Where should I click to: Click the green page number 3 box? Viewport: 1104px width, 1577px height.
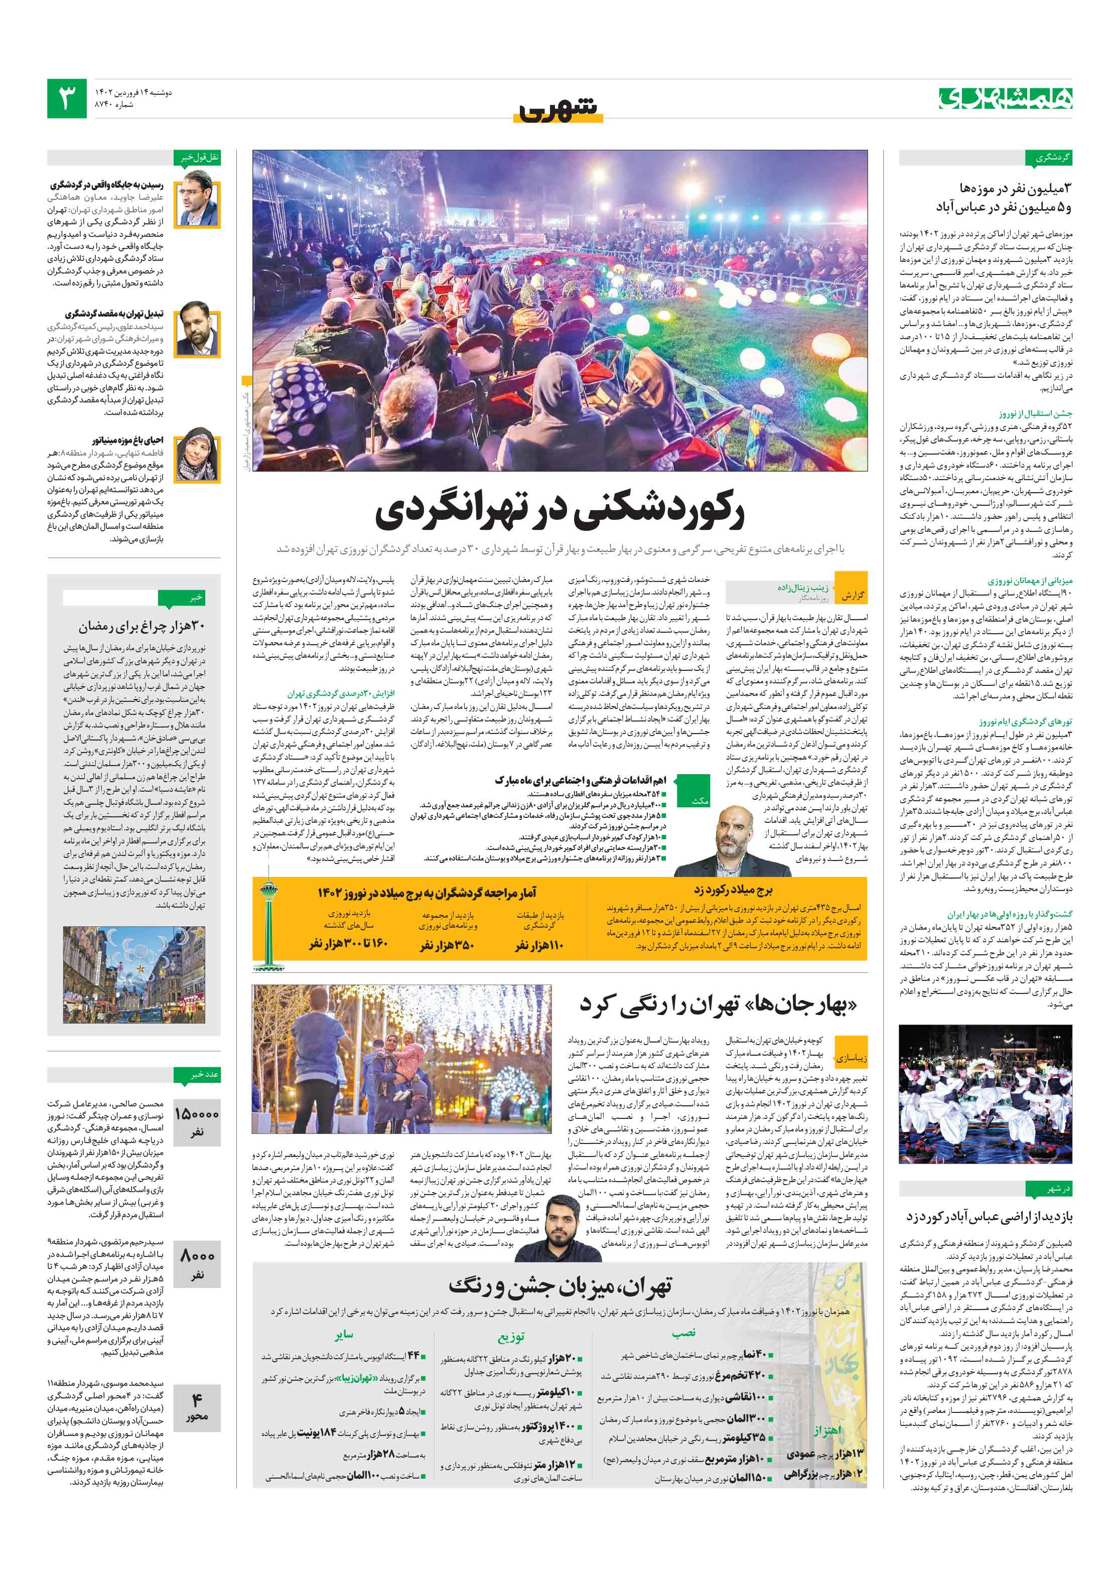click(67, 98)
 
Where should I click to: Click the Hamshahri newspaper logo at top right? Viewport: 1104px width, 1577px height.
click(1005, 98)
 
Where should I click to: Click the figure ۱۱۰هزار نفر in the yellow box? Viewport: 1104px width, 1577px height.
click(539, 945)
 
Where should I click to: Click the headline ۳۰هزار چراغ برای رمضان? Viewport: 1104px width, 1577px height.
click(141, 626)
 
